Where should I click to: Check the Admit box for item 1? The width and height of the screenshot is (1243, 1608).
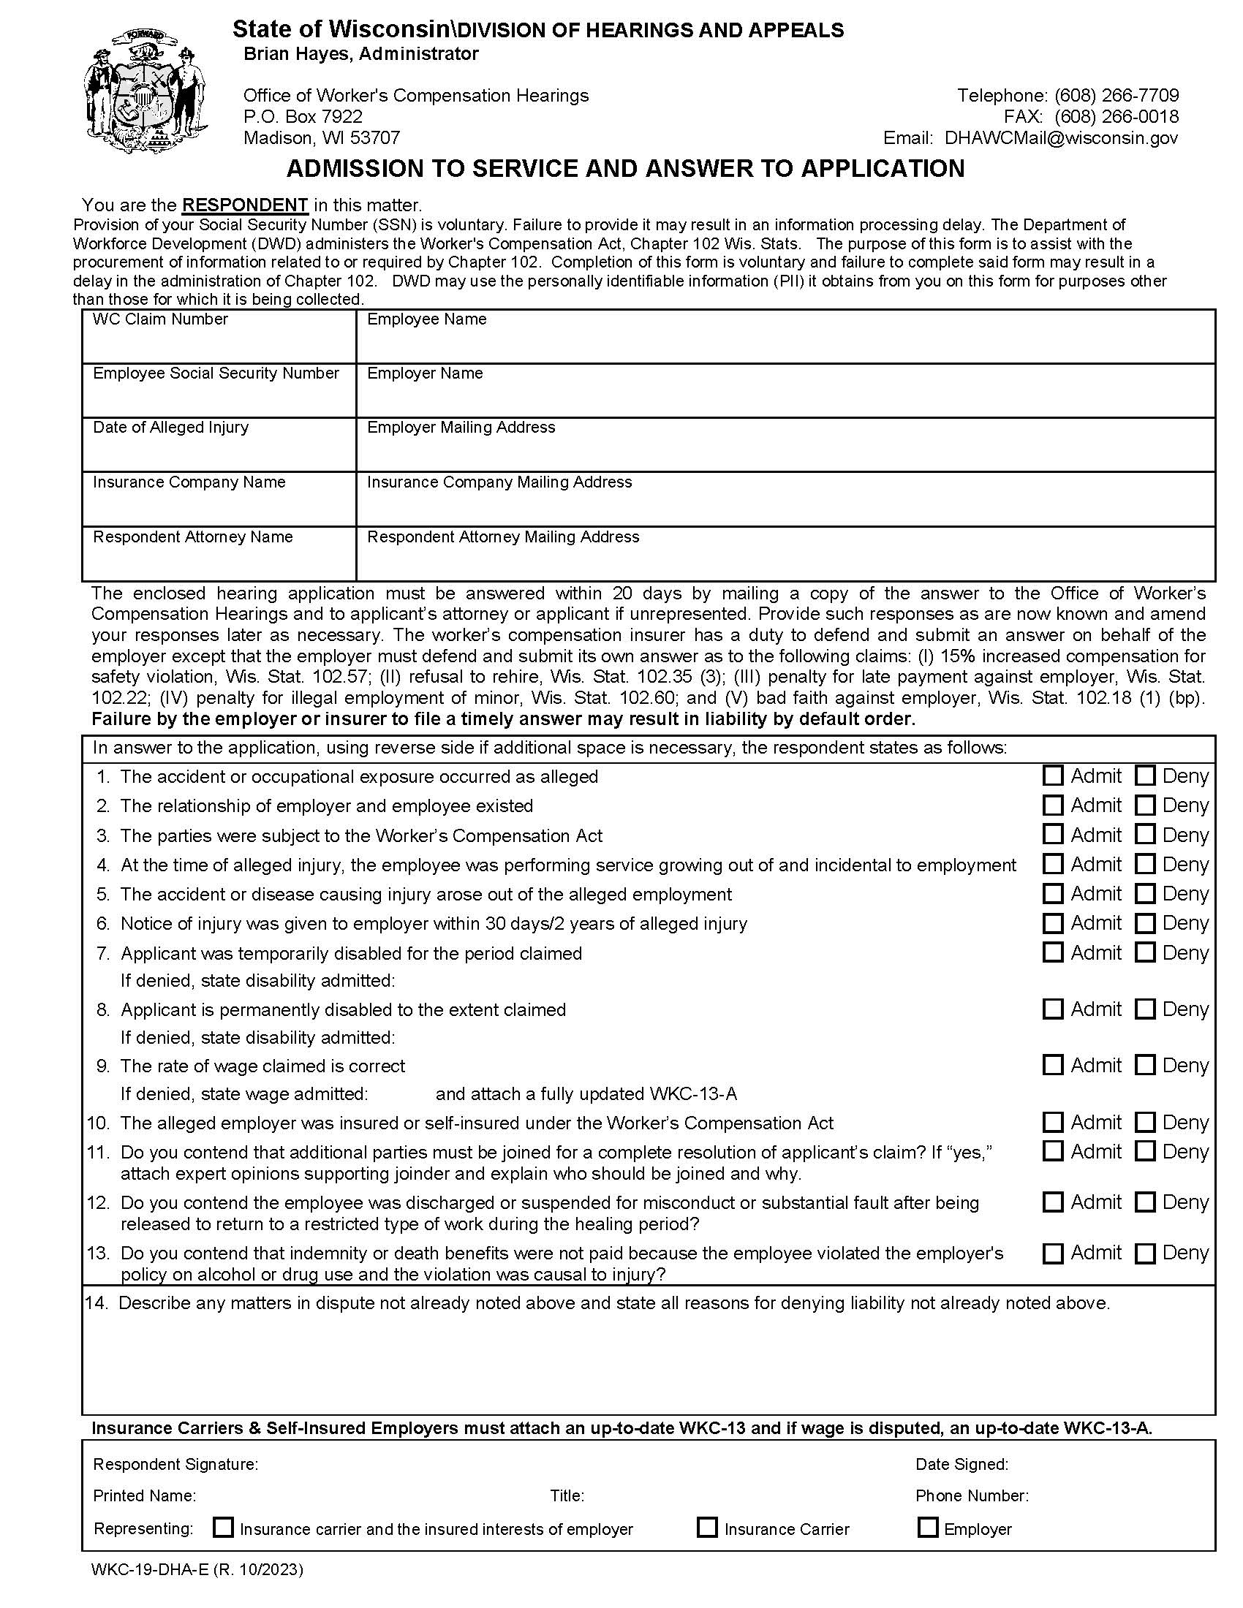point(1053,775)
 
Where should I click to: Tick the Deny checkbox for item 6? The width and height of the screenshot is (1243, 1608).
point(1145,922)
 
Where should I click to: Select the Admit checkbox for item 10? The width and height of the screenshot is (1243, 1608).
point(1053,1122)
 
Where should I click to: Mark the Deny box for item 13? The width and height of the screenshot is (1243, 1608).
point(1145,1253)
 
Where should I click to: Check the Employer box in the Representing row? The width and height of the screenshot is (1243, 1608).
point(928,1528)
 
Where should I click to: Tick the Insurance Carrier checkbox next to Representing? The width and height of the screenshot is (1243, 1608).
point(707,1528)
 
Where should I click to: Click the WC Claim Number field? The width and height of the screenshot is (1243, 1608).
point(219,343)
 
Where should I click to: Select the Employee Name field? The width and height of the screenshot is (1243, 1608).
point(785,343)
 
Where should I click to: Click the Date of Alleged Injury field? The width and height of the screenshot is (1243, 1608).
point(219,451)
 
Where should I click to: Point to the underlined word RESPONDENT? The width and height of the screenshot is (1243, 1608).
point(244,205)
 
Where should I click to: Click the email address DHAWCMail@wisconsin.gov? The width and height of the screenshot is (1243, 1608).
point(1060,137)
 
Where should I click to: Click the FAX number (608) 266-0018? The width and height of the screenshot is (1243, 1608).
point(1116,116)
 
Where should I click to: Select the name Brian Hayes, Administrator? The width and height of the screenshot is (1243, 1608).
point(360,54)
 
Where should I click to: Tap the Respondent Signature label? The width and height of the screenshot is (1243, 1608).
point(175,1465)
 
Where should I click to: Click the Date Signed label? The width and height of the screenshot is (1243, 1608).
point(961,1465)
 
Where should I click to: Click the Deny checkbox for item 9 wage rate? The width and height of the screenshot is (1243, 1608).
point(1145,1065)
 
